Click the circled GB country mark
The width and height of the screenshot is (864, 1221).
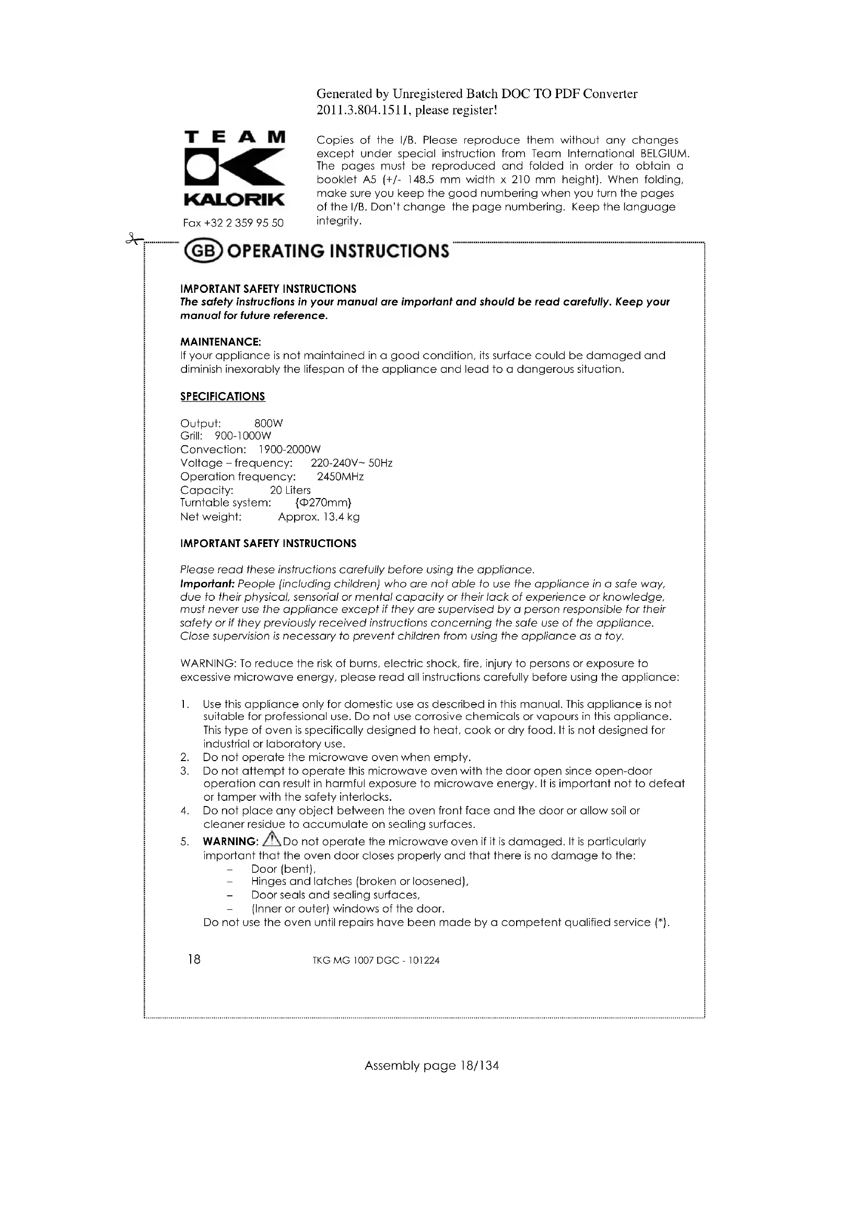tap(202, 252)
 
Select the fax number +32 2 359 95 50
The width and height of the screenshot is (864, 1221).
tap(233, 223)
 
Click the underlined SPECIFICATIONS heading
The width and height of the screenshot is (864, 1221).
tap(223, 396)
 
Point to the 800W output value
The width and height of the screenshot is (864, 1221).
tap(268, 423)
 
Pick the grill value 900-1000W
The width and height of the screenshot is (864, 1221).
tap(242, 436)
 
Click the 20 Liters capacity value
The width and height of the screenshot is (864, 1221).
tap(290, 490)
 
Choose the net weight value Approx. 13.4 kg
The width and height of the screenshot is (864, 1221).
tap(319, 517)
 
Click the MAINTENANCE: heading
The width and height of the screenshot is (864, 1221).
tap(220, 341)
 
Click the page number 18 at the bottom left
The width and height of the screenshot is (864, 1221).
tap(194, 959)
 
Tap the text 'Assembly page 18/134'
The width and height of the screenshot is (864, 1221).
tap(431, 1065)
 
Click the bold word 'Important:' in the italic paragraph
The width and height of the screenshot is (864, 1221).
tap(207, 584)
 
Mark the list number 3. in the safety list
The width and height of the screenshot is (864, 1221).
tap(184, 771)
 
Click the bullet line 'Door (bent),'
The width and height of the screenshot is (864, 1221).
tap(284, 869)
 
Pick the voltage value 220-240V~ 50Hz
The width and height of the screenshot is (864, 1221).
tap(351, 463)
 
